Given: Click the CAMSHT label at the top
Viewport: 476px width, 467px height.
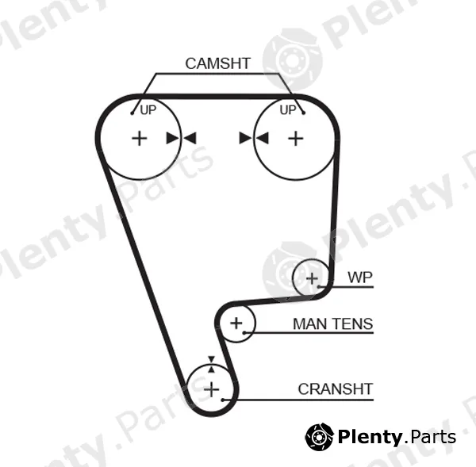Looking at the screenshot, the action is [x=217, y=63].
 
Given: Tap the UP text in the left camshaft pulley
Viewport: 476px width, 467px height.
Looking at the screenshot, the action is [x=148, y=110].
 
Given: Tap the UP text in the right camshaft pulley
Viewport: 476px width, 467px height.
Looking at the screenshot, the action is [x=288, y=110].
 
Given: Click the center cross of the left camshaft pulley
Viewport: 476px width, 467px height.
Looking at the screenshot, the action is [x=140, y=139].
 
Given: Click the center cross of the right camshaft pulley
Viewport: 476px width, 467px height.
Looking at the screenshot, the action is [x=296, y=139].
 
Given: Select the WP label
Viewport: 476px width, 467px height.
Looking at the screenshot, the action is [x=360, y=277].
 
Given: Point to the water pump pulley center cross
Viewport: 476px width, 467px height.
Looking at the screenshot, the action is [x=312, y=278].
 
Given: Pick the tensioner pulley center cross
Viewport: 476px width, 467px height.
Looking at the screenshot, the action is [x=236, y=323].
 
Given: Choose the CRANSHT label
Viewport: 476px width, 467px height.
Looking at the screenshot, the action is [x=335, y=389].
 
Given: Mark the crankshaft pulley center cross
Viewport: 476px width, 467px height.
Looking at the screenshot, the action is [x=212, y=389].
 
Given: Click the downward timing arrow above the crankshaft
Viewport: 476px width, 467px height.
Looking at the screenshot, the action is [x=211, y=359].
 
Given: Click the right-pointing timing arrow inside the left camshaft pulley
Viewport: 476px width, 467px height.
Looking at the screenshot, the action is [x=173, y=138].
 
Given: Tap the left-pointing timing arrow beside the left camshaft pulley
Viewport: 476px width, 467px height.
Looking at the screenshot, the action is [x=190, y=138].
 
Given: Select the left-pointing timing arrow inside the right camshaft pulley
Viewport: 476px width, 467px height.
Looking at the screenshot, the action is [x=263, y=138].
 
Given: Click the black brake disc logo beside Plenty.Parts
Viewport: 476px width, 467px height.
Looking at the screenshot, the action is [x=319, y=437].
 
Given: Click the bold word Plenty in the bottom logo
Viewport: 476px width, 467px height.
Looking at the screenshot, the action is [x=370, y=438].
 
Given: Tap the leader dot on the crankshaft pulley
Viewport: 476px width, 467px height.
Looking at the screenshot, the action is [x=223, y=400].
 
